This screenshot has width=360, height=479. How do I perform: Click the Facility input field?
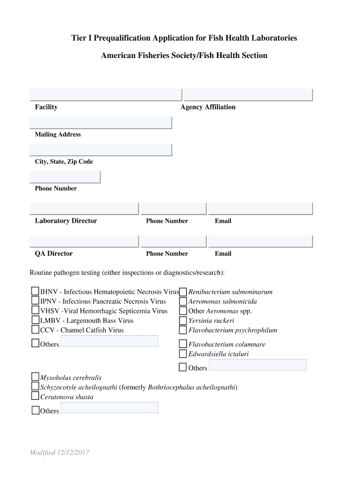105,95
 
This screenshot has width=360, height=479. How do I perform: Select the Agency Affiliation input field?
248,95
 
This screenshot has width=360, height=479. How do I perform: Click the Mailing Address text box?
101,123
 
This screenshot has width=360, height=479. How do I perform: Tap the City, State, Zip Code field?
101,150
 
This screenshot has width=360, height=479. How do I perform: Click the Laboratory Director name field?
84,209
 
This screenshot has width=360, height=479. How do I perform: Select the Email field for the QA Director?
260,241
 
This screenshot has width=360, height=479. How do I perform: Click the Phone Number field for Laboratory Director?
173,209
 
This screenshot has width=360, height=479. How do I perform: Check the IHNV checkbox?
35,291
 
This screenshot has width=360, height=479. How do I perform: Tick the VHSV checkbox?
35,310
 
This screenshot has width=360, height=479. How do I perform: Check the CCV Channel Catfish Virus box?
35,329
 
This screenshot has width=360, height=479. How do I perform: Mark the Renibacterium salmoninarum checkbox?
183,292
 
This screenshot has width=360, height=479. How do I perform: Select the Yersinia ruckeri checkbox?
183,320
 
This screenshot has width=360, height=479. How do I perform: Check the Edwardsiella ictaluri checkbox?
183,354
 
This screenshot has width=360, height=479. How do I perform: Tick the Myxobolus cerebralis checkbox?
35,377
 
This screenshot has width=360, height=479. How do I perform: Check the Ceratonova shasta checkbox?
35,396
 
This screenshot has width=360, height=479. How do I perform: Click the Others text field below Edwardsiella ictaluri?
258,365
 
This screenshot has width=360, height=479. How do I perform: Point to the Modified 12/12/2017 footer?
59,452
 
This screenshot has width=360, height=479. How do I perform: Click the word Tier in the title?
78,38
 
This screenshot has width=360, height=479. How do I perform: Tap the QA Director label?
54,254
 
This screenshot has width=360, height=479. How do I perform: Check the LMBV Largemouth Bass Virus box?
35,320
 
